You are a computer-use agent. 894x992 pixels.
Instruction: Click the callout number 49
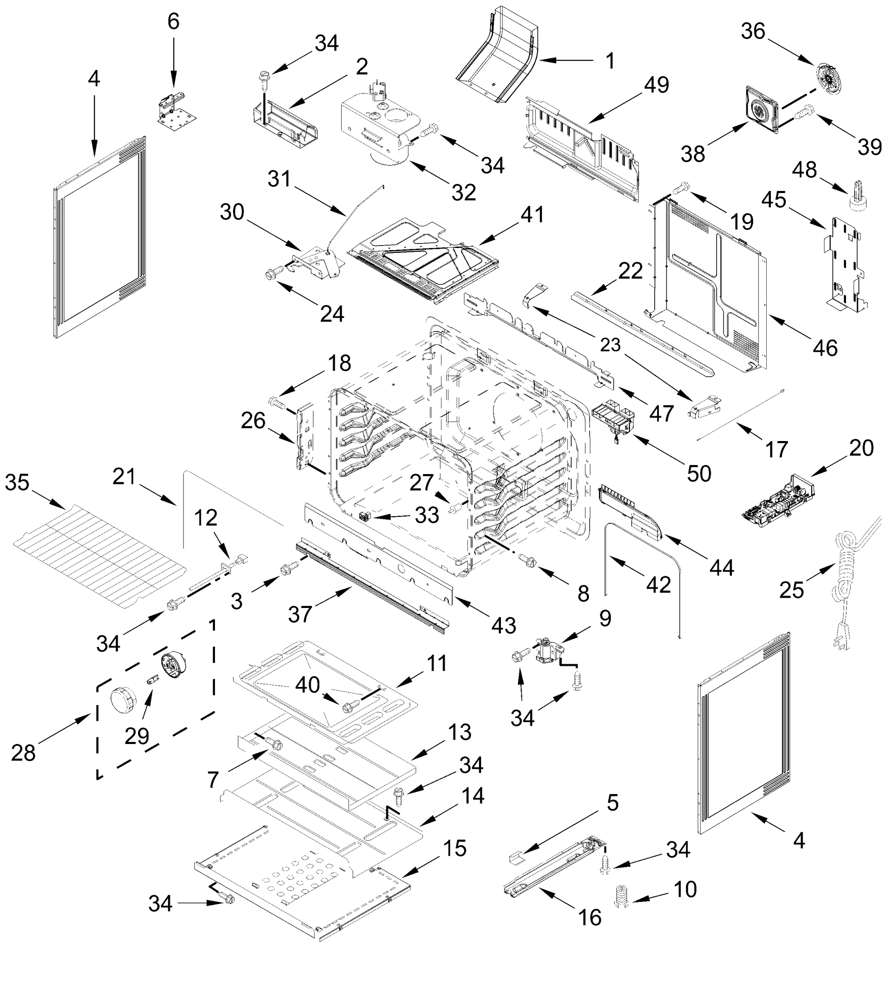pos(657,85)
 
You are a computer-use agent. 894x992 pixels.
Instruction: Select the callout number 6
pos(174,21)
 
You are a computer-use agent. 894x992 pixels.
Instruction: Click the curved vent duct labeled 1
pos(496,54)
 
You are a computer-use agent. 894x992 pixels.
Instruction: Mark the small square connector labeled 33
pos(365,517)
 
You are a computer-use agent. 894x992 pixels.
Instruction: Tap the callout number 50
pos(699,474)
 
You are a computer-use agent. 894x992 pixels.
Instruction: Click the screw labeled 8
pos(526,559)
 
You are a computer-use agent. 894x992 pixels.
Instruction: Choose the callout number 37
pos(300,614)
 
